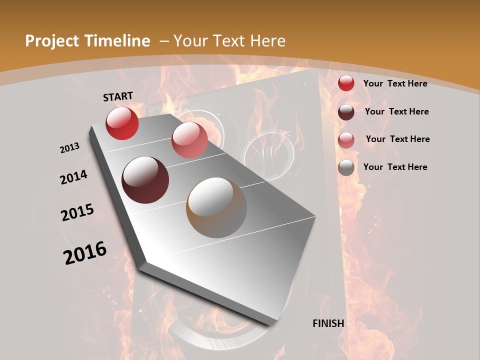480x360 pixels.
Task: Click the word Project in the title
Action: tap(52, 41)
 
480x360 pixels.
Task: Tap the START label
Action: tap(118, 96)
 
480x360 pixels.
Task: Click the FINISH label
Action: tap(328, 323)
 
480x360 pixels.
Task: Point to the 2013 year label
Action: tap(69, 148)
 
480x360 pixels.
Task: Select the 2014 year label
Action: tap(73, 177)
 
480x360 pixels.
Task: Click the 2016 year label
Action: tap(85, 253)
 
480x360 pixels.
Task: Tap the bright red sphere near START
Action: tap(122, 123)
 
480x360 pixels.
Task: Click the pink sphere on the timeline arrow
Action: tap(189, 140)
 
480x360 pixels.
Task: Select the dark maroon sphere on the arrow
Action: tap(145, 180)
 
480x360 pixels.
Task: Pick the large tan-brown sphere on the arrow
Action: tap(216, 207)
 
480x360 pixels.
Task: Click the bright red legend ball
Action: tap(346, 83)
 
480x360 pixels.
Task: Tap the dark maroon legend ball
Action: tap(346, 112)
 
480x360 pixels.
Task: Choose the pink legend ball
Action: tap(346, 140)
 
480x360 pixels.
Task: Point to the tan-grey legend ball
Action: tap(346, 168)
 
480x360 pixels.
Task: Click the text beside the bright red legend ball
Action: tap(395, 83)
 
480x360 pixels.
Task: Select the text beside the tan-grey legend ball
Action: tap(395, 167)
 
